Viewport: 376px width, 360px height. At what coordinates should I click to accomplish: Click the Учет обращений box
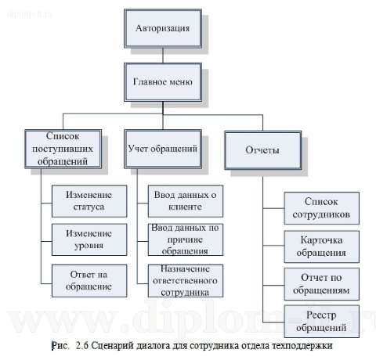coord(162,147)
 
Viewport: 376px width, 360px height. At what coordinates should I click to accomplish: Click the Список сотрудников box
coord(319,207)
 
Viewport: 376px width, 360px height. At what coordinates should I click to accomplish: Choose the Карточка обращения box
coord(319,246)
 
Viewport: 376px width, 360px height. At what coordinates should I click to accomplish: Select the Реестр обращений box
coord(319,321)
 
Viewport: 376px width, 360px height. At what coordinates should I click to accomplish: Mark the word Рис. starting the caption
coord(60,344)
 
